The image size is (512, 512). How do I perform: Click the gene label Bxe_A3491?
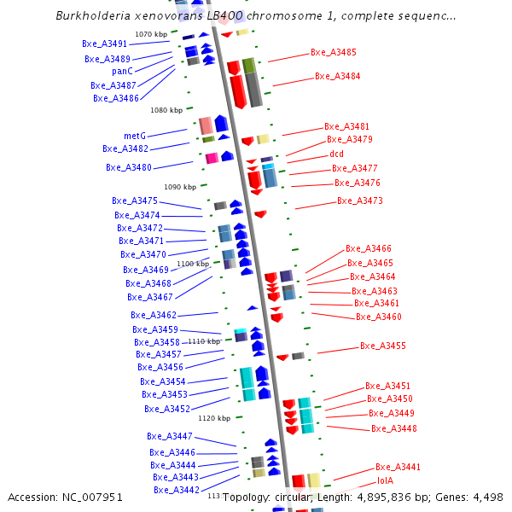coord(105,44)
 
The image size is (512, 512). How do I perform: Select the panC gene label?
coord(122,71)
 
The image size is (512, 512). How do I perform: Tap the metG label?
coord(135,136)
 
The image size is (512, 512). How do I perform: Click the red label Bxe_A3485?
coord(334,52)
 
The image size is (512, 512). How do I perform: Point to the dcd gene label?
coord(336,154)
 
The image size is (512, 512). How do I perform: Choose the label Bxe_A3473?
coord(360,201)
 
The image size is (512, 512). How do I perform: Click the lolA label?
coord(385,480)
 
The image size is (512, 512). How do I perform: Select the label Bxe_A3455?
coord(383,346)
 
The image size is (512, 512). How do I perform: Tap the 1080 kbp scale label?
coord(166,110)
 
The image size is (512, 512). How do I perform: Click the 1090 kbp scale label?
coord(180,186)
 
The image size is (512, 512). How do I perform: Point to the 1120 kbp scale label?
coord(214,418)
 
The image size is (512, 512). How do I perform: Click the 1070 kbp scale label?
coord(151,34)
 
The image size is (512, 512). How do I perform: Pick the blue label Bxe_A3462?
coord(154,315)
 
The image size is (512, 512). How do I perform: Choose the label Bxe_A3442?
coord(177,490)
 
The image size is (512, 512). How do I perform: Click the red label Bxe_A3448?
coord(393,428)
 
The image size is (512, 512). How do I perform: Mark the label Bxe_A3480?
coord(129,167)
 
